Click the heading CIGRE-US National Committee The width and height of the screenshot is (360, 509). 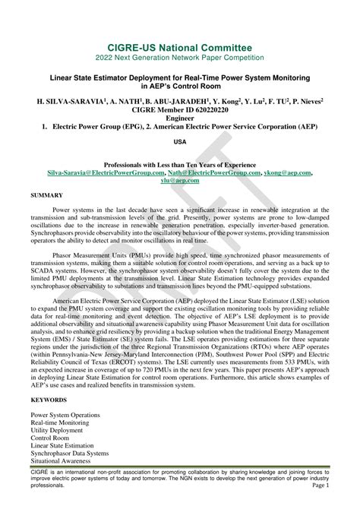[x=180, y=48]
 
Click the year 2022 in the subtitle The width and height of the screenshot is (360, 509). [x=123, y=58]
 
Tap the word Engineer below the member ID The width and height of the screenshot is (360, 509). [x=180, y=118]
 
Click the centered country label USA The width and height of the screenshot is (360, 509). [x=180, y=142]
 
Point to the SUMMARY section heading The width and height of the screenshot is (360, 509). [x=47, y=195]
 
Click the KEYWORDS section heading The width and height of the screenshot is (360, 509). [x=49, y=399]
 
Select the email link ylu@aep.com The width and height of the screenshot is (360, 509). [x=180, y=181]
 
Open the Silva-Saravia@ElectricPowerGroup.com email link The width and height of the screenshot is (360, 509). [x=96, y=173]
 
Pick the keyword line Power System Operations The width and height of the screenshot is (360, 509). [x=65, y=415]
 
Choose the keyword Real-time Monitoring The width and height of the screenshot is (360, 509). [x=61, y=422]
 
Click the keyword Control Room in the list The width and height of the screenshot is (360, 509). [x=51, y=438]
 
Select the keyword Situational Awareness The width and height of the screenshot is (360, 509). [x=62, y=461]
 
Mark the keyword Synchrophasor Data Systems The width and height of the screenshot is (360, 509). [x=69, y=454]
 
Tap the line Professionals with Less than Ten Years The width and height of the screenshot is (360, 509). [x=180, y=165]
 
